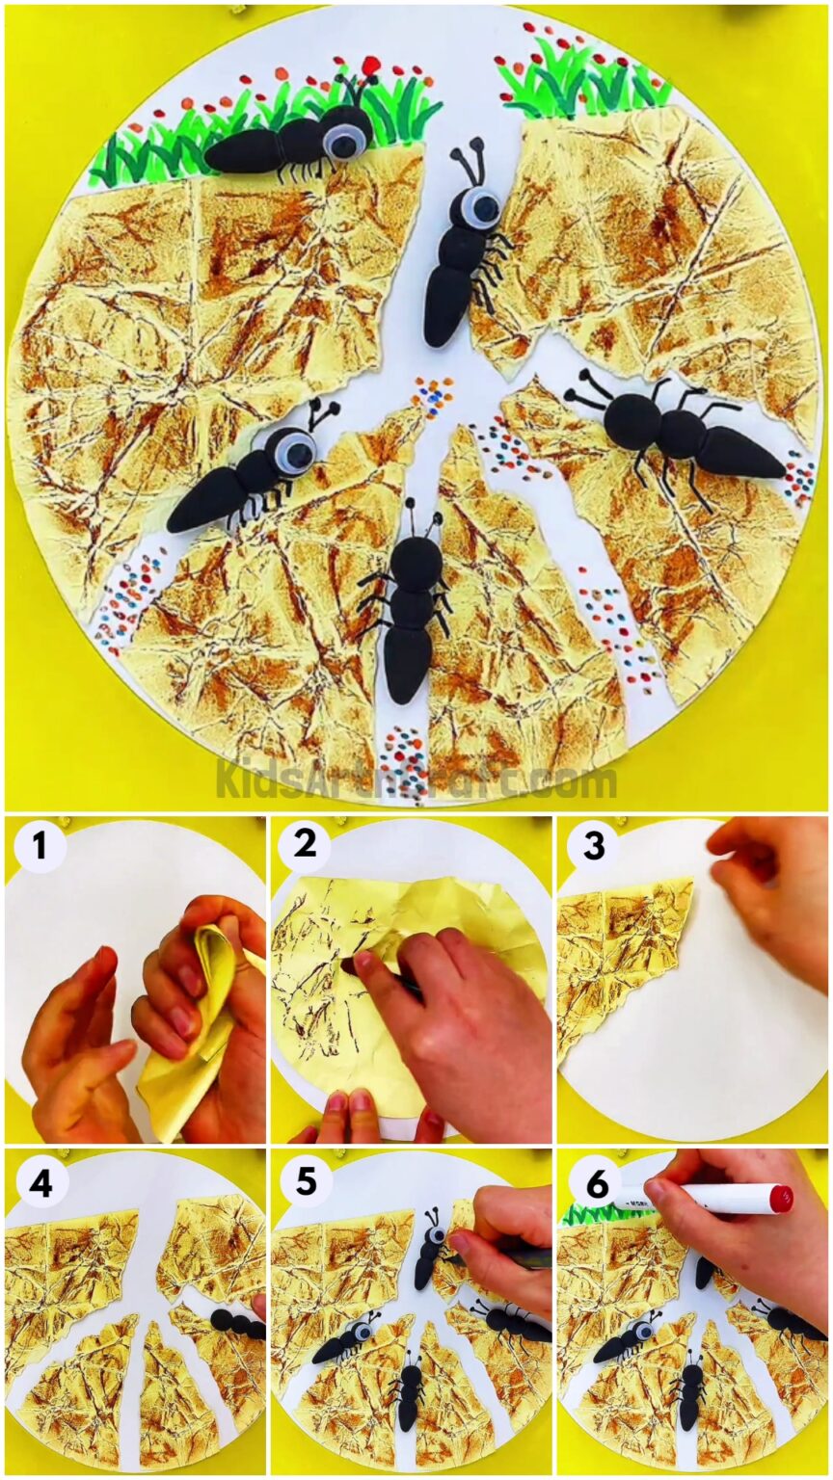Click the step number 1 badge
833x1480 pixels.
(40, 847)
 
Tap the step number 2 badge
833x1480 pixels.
(305, 845)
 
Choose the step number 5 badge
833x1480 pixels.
(306, 1181)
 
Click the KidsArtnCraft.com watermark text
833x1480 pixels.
(416, 780)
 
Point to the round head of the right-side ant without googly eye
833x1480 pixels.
(632, 421)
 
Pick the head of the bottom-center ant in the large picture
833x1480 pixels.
(416, 559)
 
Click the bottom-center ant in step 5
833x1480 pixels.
(410, 1392)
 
